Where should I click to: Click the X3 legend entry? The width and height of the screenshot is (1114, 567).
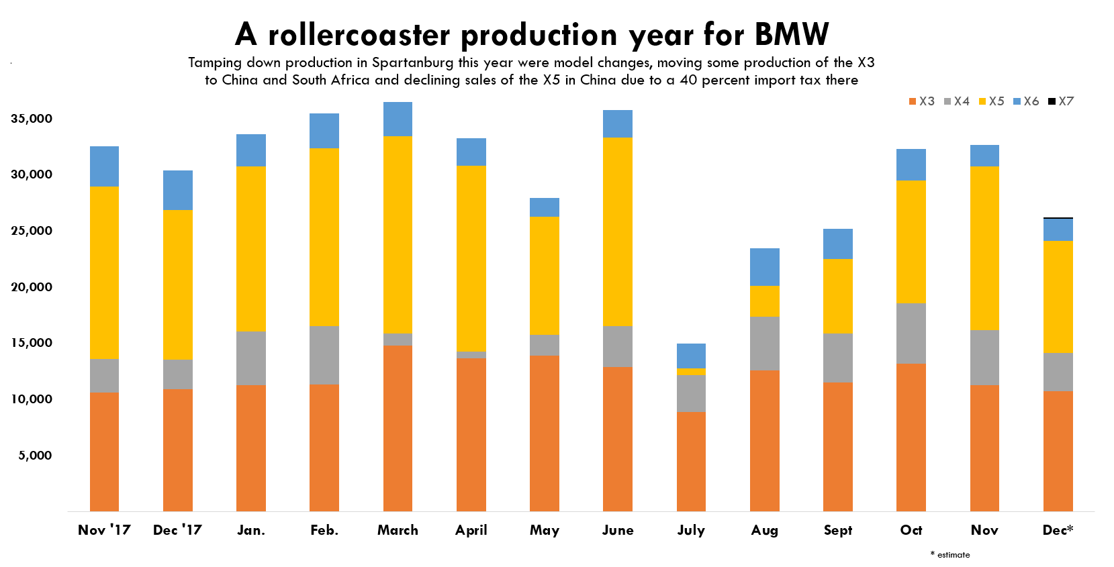click(x=922, y=101)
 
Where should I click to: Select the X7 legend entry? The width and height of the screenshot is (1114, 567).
click(x=1062, y=101)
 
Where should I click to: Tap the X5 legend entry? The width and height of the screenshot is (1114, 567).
click(x=992, y=101)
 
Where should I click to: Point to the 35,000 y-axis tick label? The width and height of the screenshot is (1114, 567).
click(x=32, y=119)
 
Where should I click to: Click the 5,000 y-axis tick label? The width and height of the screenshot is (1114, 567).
click(x=35, y=456)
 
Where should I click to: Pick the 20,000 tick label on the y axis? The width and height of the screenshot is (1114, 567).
click(x=32, y=287)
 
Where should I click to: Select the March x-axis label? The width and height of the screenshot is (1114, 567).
click(x=398, y=530)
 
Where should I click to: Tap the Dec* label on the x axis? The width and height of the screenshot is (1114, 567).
click(x=1058, y=530)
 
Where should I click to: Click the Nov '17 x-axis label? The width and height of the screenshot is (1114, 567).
click(x=104, y=530)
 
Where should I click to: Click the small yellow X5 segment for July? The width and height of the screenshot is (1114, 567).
click(x=691, y=372)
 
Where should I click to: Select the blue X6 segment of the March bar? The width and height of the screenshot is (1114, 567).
click(x=398, y=119)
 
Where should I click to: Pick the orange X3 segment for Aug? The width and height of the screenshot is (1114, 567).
click(x=764, y=440)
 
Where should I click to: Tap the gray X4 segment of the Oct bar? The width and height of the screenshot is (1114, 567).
click(x=911, y=333)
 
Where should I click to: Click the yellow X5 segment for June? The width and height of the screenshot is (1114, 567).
click(x=617, y=231)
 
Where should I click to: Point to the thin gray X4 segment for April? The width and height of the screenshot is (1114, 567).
click(x=471, y=355)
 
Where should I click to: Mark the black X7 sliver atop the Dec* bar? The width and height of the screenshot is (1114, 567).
click(x=1058, y=218)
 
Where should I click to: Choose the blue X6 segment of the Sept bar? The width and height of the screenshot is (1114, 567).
click(x=837, y=244)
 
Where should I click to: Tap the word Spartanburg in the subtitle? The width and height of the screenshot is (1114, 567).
click(x=413, y=63)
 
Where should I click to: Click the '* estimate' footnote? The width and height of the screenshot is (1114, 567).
click(x=950, y=555)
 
